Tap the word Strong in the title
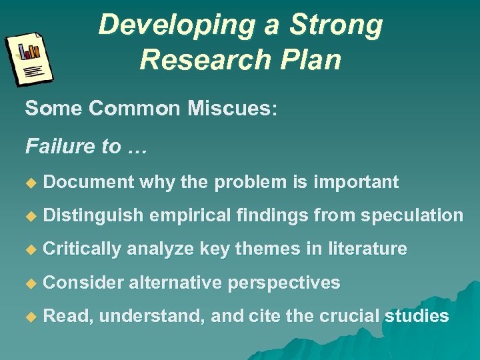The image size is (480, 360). click(337, 26)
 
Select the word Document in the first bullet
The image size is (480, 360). click(89, 182)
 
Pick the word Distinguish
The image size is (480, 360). click(93, 215)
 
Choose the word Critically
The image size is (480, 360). click(82, 249)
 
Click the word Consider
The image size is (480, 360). click(83, 282)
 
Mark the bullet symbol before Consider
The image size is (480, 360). click(29, 283)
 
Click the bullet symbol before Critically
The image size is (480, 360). click(29, 249)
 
